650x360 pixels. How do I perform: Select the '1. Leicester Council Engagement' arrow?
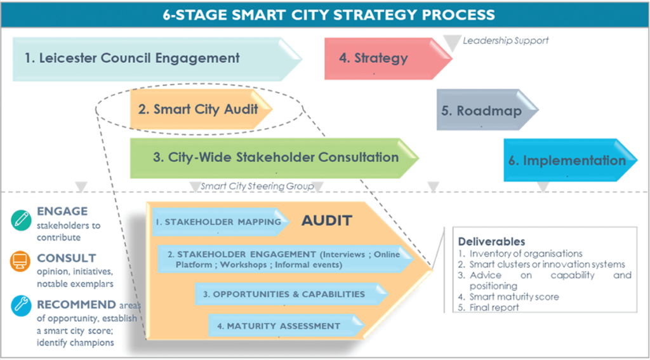133,58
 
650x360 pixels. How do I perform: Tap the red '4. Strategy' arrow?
373,58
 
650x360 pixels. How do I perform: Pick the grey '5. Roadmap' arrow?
481,111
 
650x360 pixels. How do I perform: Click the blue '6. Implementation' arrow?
566,161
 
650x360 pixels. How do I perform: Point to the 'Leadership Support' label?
505,41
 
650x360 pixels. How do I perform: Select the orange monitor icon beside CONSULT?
22,261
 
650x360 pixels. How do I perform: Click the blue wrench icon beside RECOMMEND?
22,306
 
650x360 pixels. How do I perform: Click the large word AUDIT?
326,221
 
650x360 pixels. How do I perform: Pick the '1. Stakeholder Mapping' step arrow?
220,222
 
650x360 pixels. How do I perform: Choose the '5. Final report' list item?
488,307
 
